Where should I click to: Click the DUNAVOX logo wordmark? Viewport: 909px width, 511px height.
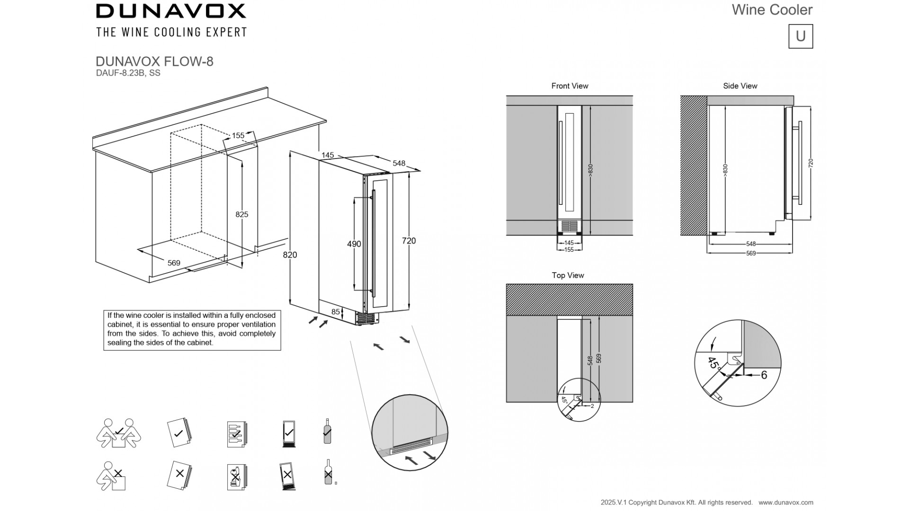tap(171, 11)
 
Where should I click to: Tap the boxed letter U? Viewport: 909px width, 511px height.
tap(801, 36)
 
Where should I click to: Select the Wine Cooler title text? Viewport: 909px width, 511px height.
tap(772, 10)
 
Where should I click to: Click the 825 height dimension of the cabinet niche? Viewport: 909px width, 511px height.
tap(241, 214)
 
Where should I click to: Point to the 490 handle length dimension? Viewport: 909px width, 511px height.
tap(354, 244)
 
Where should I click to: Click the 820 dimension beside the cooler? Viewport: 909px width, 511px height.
tap(290, 255)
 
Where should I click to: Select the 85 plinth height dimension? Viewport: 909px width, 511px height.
tap(336, 312)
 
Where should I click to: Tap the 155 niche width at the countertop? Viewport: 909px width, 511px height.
tap(238, 136)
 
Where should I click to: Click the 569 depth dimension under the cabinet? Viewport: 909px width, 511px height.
tap(174, 263)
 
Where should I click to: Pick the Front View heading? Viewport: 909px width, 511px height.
tap(570, 86)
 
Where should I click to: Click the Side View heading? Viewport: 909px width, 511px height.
tap(740, 86)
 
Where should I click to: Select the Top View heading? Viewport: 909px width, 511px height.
tap(568, 275)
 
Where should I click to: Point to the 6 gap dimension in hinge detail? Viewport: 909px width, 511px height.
tap(764, 375)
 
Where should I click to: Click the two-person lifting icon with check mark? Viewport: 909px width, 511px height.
tap(118, 432)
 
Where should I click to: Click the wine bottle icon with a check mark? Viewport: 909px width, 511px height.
tap(327, 431)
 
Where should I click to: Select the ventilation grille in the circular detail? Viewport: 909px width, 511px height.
tap(410, 447)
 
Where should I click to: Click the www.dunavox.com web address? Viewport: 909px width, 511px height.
tap(786, 502)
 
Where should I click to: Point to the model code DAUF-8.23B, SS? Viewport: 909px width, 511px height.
tap(128, 73)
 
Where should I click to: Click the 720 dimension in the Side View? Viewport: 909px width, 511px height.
tap(811, 163)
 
